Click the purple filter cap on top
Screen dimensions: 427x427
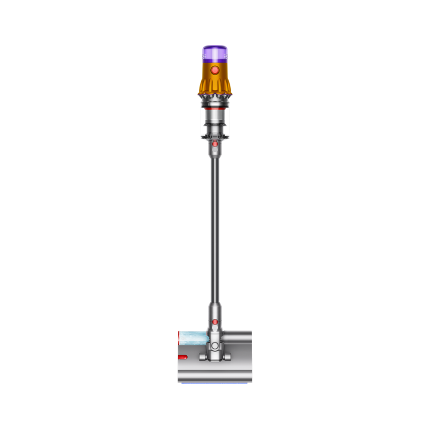tap(214, 52)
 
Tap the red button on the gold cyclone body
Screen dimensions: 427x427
tap(214, 70)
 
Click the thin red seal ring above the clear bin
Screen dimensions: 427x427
tap(214, 108)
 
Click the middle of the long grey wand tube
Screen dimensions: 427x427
tap(215, 227)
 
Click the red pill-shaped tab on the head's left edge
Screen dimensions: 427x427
tap(182, 357)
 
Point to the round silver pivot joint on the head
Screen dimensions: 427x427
tap(215, 346)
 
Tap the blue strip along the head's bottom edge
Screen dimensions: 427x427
tap(215, 382)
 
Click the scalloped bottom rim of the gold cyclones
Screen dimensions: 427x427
tap(214, 92)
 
